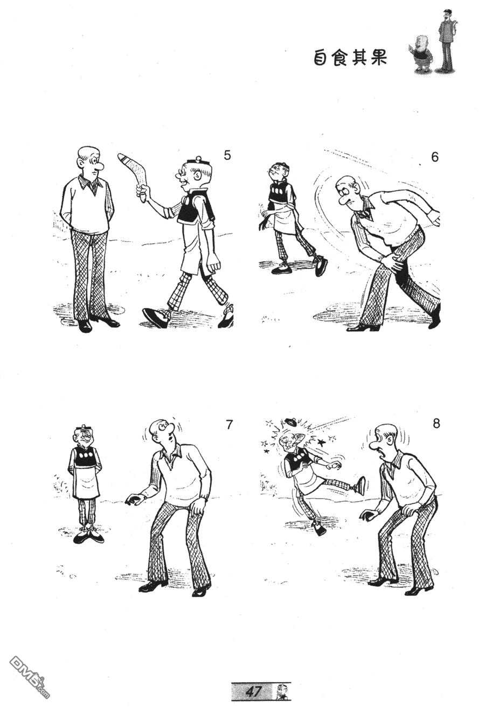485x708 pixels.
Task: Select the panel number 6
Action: click(435, 157)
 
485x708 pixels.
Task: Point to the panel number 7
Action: click(230, 425)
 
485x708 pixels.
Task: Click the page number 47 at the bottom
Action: click(253, 691)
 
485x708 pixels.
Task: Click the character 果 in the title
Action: click(377, 58)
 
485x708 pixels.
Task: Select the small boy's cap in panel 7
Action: click(83, 427)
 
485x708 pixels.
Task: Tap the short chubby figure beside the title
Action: click(422, 54)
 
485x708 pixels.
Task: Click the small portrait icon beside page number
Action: click(279, 691)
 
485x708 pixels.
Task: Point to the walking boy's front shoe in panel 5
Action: click(156, 317)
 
